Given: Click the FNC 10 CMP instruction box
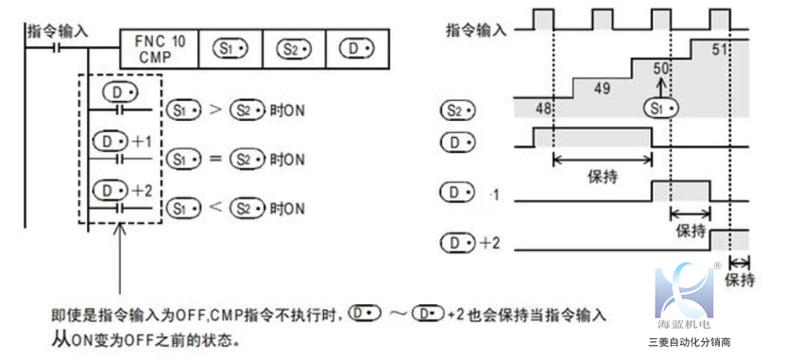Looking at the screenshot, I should click(x=160, y=47).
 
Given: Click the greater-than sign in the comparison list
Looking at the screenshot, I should click(x=215, y=111).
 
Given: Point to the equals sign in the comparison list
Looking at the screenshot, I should click(x=215, y=158).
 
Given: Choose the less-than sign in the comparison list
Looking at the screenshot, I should click(x=215, y=207).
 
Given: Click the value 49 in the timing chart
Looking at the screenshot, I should click(x=601, y=89).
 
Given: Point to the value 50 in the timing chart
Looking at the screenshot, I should click(x=661, y=69).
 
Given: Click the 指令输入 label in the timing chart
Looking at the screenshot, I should click(x=475, y=29).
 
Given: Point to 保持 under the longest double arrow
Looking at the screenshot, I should click(x=602, y=176).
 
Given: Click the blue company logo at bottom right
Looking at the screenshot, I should click(x=688, y=291).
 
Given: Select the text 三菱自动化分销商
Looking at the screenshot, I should click(x=691, y=343).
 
